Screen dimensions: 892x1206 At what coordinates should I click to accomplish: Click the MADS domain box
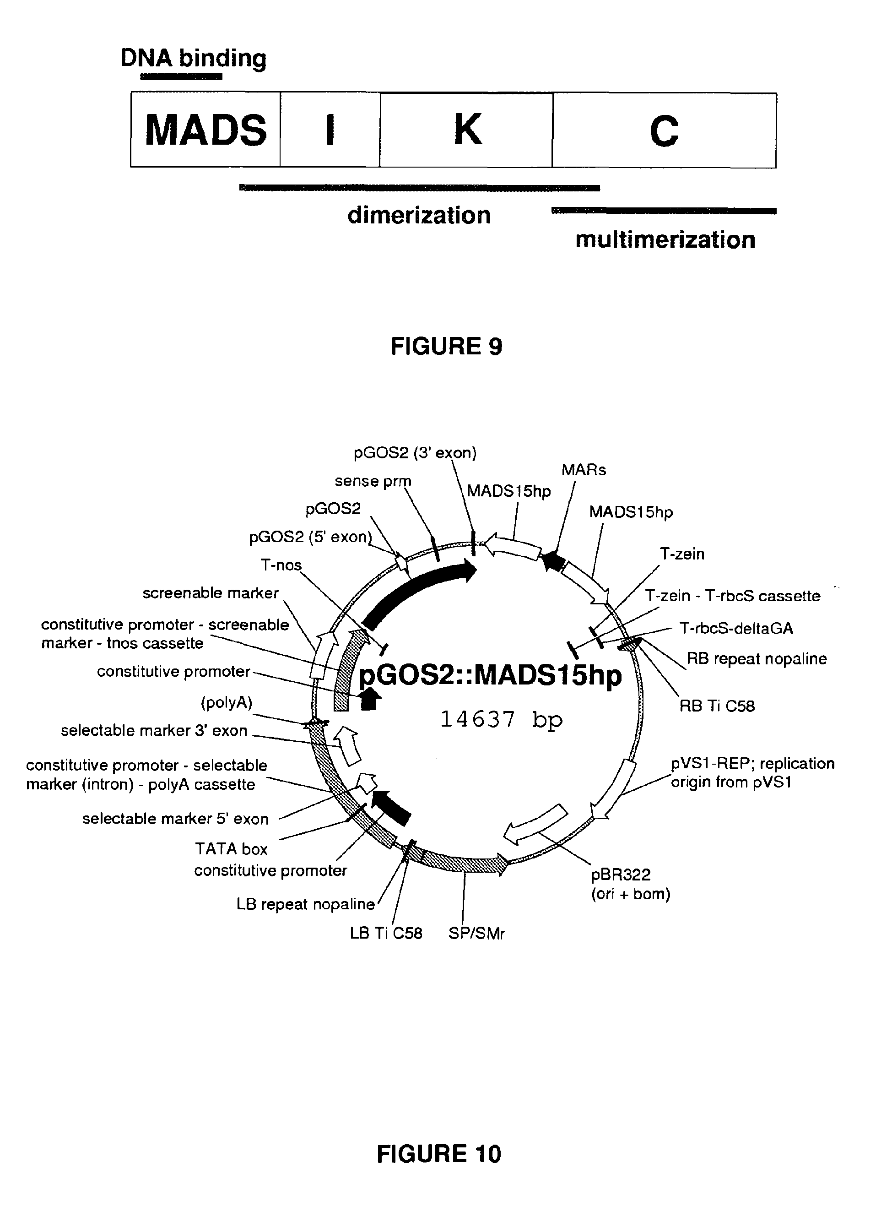pos(205,130)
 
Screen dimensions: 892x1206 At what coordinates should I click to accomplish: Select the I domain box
pos(330,130)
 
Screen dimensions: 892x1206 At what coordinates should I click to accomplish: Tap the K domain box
pos(466,130)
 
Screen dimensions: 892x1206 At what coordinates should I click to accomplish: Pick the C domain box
pos(664,130)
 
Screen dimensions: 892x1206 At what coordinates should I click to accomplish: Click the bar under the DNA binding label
pos(181,77)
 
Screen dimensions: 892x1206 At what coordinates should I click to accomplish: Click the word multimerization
pos(665,240)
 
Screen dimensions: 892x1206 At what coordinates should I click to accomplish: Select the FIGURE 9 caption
pos(447,346)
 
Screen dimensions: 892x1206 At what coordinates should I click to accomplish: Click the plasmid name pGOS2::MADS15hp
pos(490,675)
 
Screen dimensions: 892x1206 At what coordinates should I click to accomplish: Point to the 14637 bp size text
pos(501,719)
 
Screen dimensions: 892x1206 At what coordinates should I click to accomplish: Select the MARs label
pos(584,470)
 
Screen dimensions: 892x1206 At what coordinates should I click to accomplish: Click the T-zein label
pos(682,554)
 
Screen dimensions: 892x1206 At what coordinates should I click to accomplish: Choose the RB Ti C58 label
pos(717,706)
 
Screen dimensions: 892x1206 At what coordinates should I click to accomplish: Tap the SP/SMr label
pos(477,933)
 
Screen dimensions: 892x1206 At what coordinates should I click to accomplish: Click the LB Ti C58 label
pos(386,933)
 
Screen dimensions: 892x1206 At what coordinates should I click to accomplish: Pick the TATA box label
pos(231,849)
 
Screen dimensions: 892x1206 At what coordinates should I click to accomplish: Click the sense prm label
pos(373,481)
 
